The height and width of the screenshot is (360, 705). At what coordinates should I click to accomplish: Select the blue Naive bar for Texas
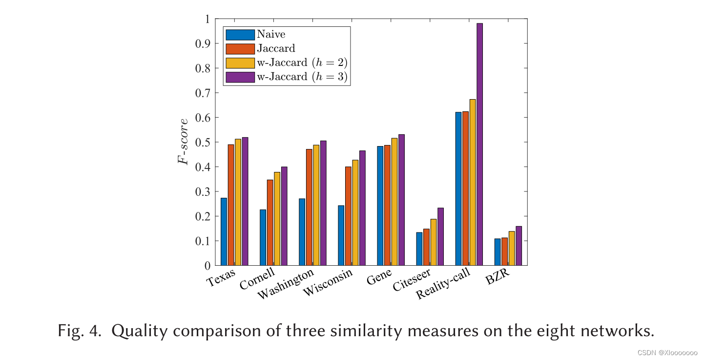(x=224, y=232)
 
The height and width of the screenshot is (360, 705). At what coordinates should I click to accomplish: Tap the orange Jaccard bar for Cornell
(x=270, y=223)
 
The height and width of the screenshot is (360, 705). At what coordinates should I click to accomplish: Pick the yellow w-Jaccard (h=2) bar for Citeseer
(x=434, y=242)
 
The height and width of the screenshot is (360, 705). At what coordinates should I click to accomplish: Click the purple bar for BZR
(x=518, y=246)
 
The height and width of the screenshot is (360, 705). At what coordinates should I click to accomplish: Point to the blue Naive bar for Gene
(x=380, y=206)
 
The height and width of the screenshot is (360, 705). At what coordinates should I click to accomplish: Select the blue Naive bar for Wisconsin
(x=341, y=235)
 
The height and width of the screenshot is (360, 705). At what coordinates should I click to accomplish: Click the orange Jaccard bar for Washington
(x=309, y=207)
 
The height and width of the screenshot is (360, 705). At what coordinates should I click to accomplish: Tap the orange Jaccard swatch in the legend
(x=240, y=49)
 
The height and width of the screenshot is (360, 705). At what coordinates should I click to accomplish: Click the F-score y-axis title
(x=183, y=142)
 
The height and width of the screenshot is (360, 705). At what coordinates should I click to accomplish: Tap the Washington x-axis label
(x=286, y=285)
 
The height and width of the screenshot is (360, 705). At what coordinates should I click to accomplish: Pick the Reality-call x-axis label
(x=443, y=284)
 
